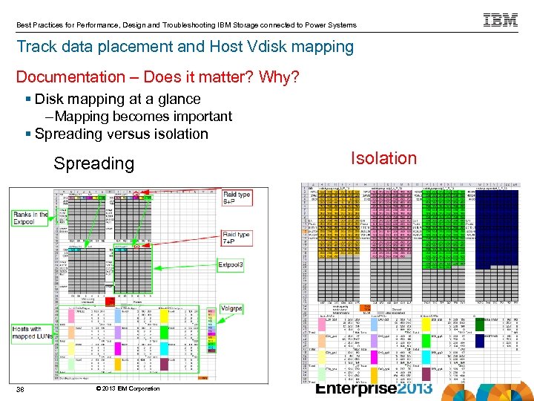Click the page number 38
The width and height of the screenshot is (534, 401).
tap(22, 388)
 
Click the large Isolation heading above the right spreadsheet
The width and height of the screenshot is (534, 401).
tap(384, 158)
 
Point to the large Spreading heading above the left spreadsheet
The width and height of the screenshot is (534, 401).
tap(93, 163)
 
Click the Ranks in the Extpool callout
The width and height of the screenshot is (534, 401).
tap(31, 218)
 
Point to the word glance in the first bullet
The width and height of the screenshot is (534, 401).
tap(177, 99)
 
